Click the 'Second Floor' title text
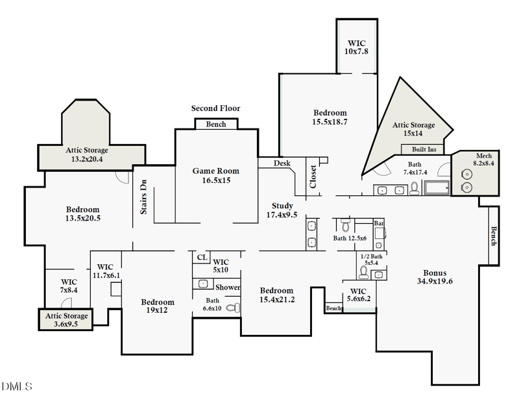pos(215,108)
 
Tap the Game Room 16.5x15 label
pos(215,175)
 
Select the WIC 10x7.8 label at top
pos(356,47)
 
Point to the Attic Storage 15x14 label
pos(413,129)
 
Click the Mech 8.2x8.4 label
pos(484,160)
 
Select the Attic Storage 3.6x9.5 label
pos(66,320)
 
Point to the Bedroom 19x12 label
pos(158,306)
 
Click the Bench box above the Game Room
pos(216,124)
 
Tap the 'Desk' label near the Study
pos(282,164)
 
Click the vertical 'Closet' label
pos(313,176)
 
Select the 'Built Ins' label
pos(424,149)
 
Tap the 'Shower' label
pos(228,287)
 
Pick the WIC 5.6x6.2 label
pos(359,295)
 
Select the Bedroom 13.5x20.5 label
pos(83,214)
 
